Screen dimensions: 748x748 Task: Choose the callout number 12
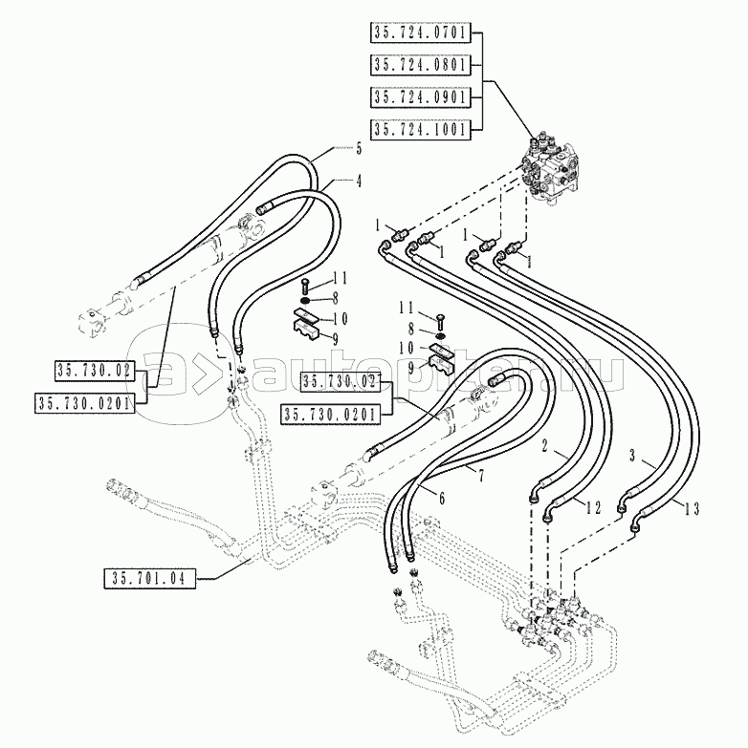(593, 508)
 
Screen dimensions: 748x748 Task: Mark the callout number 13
(693, 509)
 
